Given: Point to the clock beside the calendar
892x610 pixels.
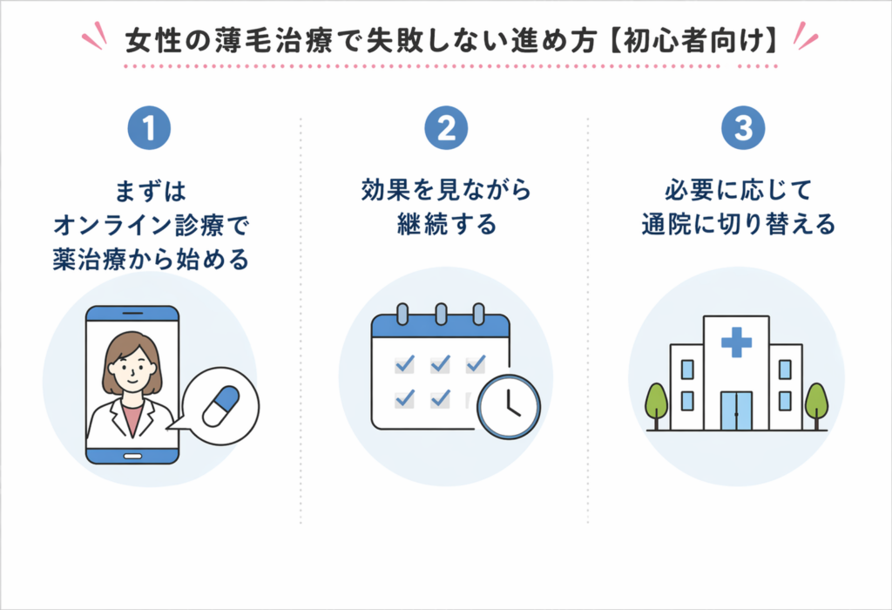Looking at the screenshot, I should (509, 406).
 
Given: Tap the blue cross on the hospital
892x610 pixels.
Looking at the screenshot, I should (736, 343).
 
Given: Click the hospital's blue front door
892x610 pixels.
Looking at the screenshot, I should (736, 410).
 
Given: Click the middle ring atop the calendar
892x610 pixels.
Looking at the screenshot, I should (441, 313).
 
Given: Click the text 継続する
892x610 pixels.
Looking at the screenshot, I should (446, 225).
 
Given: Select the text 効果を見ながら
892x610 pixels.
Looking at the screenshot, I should (446, 192).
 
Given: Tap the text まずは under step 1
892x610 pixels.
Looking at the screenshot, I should (150, 192).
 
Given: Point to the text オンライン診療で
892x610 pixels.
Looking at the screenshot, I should (150, 225).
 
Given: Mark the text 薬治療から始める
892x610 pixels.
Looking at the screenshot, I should (150, 259).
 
